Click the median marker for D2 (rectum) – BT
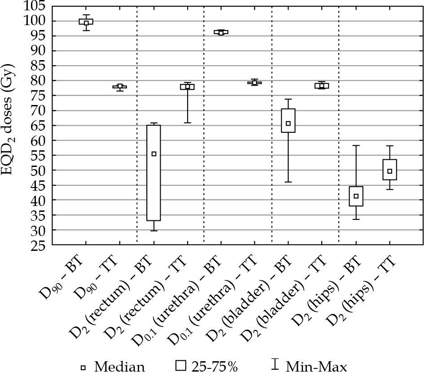[154, 154]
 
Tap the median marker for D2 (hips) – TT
[389, 171]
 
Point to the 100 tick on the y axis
[52, 21]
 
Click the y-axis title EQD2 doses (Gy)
[13, 126]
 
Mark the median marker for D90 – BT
[86, 22]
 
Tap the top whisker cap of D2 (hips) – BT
[356, 145]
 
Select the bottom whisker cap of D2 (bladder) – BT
[288, 182]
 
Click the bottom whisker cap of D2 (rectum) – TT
[188, 123]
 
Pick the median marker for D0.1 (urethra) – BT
[221, 32]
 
